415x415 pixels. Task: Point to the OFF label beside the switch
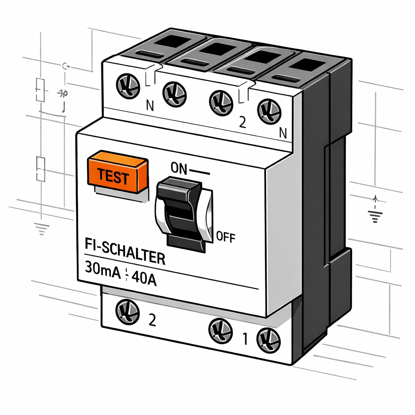226,237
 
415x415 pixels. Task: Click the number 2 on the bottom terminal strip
152,321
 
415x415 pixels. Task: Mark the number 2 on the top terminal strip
242,123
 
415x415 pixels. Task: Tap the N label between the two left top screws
150,107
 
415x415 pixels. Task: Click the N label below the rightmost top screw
283,133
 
